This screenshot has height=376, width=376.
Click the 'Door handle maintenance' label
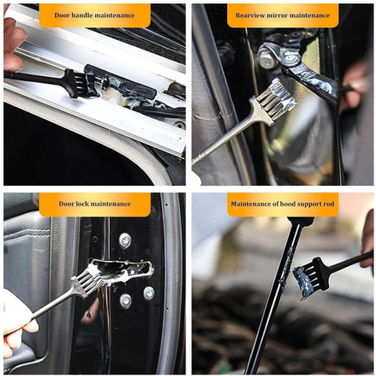[x=95, y=15]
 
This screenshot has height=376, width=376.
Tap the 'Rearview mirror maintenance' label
[x=283, y=15]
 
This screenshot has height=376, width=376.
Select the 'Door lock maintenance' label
[x=95, y=204]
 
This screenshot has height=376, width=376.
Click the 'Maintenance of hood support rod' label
[x=283, y=204]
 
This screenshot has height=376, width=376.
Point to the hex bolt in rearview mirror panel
[x=267, y=57]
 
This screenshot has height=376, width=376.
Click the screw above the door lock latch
[x=125, y=240]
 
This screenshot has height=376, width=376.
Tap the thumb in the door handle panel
[x=13, y=61]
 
